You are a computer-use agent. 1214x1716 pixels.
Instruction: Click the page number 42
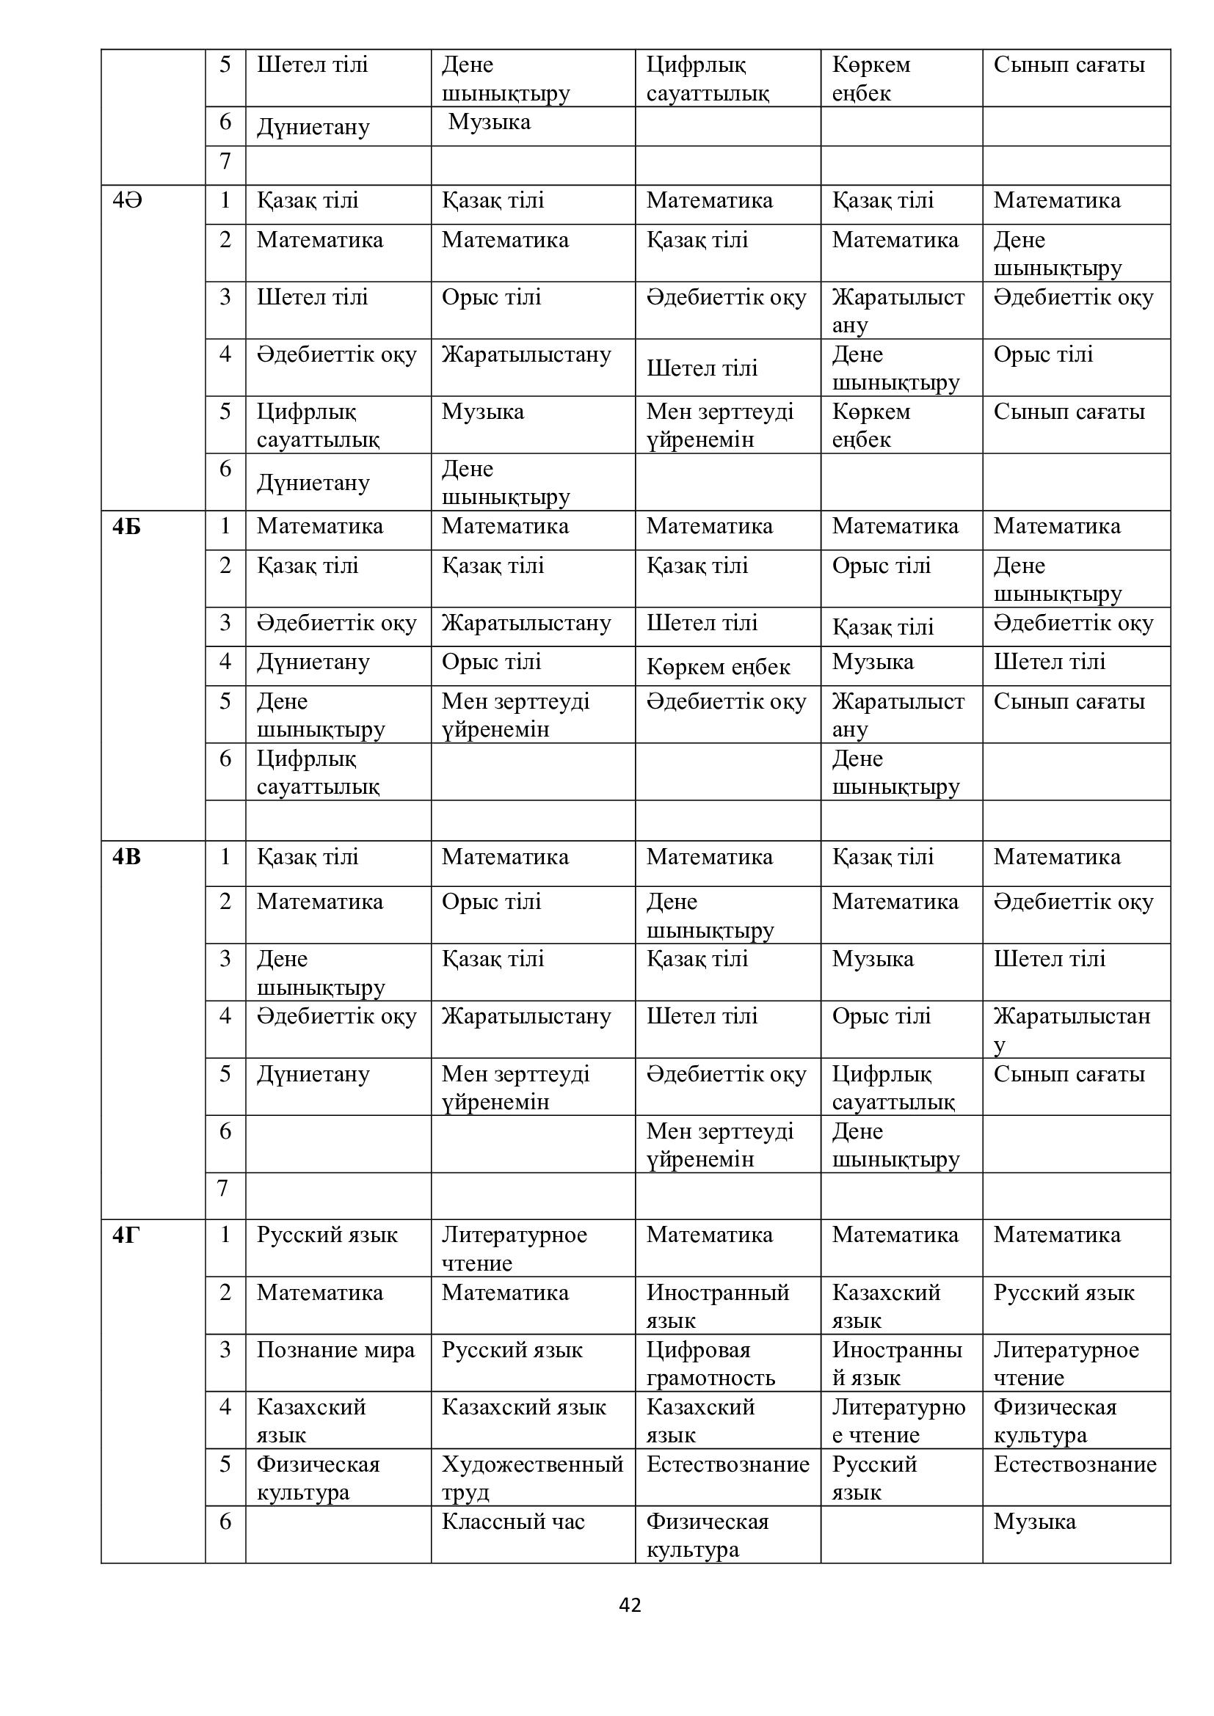[630, 1604]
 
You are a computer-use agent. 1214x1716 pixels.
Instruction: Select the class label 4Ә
[127, 200]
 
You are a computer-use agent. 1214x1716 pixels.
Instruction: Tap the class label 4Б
[126, 527]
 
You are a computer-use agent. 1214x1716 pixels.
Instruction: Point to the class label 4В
[126, 856]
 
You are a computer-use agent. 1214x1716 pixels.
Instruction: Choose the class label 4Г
[126, 1235]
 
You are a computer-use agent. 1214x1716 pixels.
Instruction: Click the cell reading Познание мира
[335, 1350]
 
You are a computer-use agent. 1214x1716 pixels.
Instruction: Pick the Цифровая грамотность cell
[710, 1363]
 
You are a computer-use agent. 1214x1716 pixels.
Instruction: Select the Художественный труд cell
[531, 1478]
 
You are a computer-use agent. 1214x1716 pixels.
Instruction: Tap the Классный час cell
[513, 1522]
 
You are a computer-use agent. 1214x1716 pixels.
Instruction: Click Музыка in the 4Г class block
[1034, 1522]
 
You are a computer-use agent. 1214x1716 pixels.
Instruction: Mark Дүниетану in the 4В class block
[313, 1074]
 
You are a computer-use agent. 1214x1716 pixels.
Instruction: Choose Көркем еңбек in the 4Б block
[718, 667]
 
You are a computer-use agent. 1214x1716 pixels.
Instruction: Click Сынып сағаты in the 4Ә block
[1069, 412]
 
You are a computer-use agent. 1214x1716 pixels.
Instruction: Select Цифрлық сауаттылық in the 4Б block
[318, 772]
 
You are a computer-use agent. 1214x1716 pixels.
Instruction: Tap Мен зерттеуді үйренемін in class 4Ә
[719, 426]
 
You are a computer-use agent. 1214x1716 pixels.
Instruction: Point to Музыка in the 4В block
[873, 959]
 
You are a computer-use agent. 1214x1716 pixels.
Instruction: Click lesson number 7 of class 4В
[222, 1188]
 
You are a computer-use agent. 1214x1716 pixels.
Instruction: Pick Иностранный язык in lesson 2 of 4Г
[717, 1306]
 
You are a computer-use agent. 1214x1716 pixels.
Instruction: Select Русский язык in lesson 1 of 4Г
[327, 1235]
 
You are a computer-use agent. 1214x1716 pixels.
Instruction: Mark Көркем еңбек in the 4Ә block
[871, 426]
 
